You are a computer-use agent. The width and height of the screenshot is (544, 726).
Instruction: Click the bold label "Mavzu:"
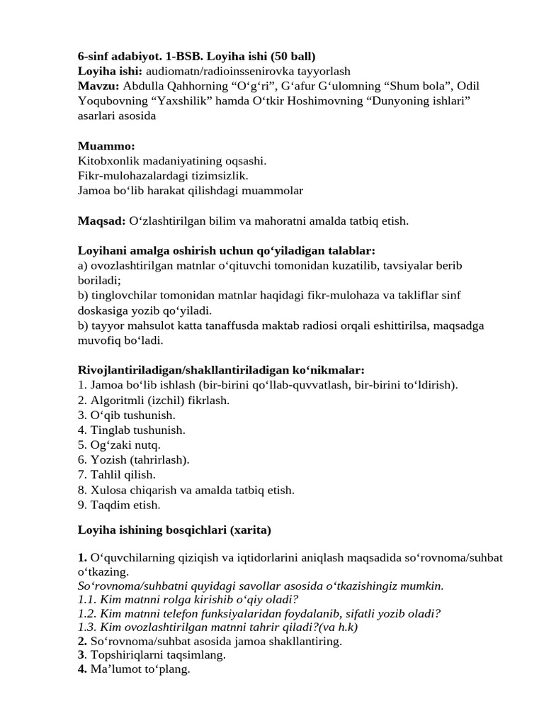(x=98, y=86)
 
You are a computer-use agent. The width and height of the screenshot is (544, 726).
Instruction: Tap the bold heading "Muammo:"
(x=106, y=146)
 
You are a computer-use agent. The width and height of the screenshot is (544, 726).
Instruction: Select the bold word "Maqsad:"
(x=102, y=221)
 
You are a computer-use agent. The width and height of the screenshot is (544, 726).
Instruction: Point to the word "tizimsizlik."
(x=217, y=176)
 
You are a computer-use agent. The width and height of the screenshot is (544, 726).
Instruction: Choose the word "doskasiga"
(x=105, y=311)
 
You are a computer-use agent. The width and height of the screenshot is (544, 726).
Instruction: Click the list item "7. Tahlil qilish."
(x=116, y=475)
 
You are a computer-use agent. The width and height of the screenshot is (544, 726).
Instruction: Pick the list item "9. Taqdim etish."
(x=119, y=505)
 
